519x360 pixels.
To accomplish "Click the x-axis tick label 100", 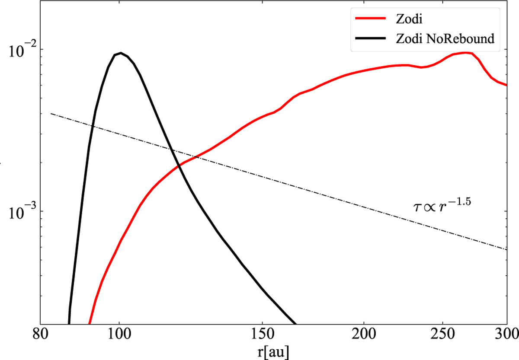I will click(119, 336).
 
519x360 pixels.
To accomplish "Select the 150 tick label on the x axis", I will click(262, 336).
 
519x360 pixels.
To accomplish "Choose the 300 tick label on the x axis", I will click(506, 336).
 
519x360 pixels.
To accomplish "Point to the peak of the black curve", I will click(121, 53).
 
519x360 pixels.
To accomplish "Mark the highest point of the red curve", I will click(465, 53).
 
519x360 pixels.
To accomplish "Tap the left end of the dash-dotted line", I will click(51, 114).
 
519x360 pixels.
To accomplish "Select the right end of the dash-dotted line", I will click(506, 249).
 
